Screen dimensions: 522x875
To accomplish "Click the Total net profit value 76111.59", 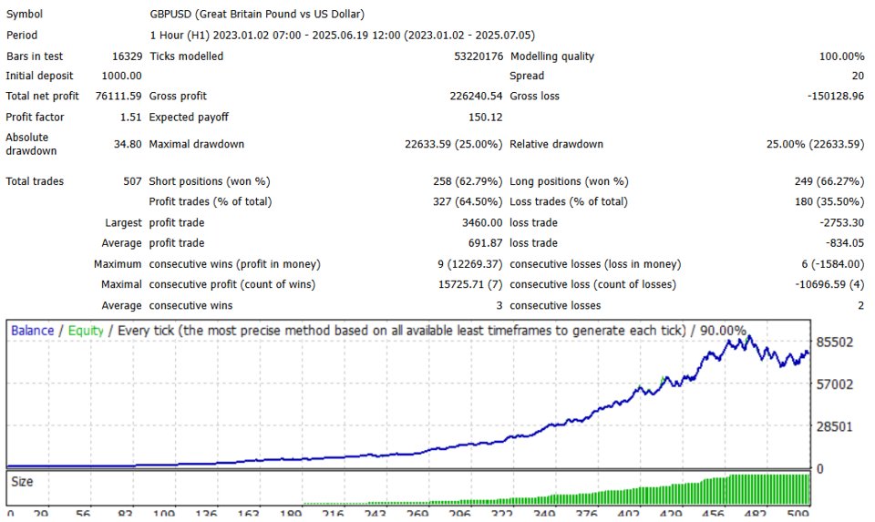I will click(110, 96).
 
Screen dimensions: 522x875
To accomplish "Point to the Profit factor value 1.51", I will click(130, 117).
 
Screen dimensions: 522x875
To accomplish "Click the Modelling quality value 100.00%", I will click(841, 56).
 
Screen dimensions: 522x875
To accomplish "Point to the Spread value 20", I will click(857, 76).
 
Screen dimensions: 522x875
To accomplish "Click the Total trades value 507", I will click(132, 181).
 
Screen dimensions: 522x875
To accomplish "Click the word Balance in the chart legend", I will click(32, 331).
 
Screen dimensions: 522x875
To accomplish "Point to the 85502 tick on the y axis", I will click(835, 342).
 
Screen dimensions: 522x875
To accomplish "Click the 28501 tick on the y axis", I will click(835, 426).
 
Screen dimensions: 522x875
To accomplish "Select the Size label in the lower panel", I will click(22, 482).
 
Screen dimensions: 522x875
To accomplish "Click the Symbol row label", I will click(25, 15).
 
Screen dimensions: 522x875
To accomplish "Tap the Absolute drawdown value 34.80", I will click(127, 144).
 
